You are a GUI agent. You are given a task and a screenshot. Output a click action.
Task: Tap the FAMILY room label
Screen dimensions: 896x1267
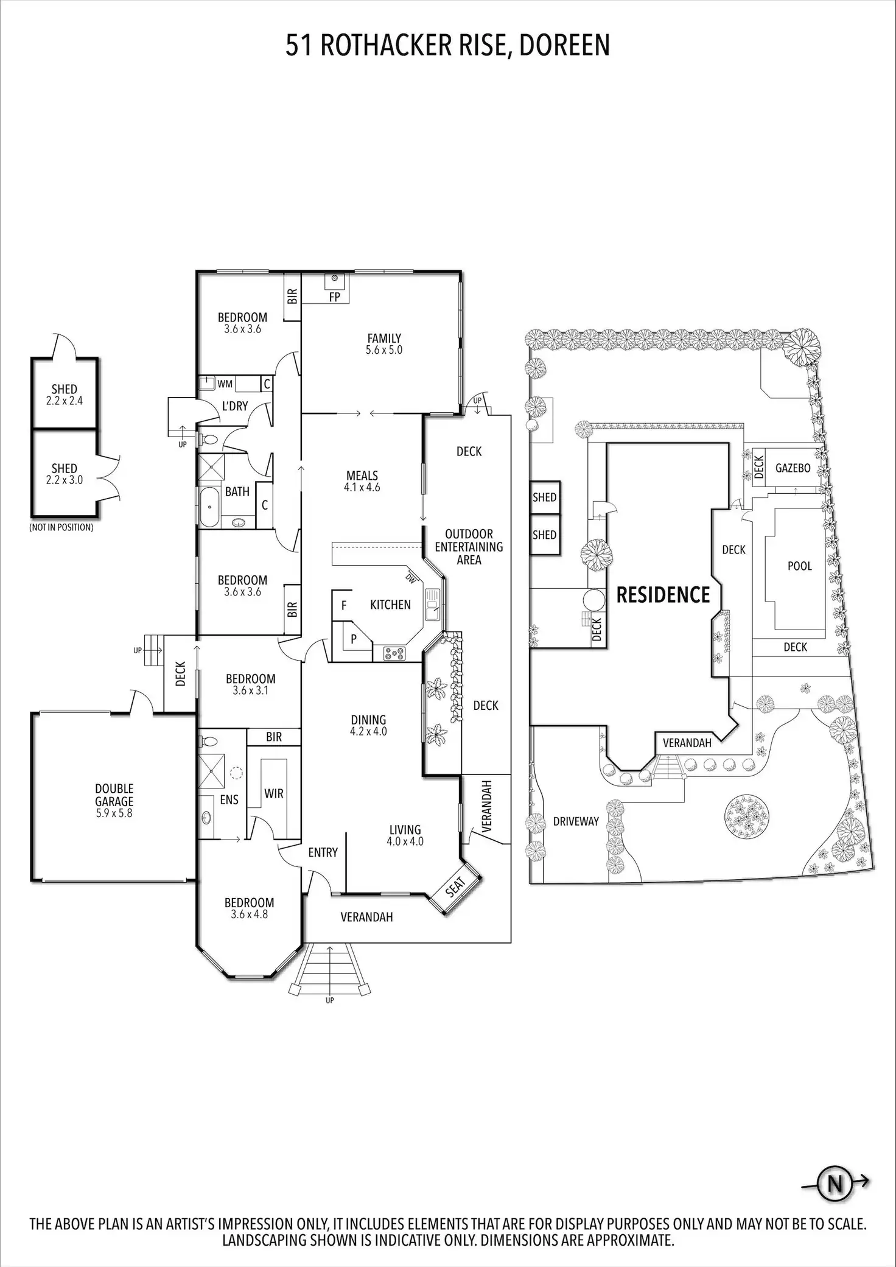pyautogui.click(x=384, y=338)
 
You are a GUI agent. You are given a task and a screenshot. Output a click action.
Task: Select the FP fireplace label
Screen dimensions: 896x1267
pyautogui.click(x=334, y=297)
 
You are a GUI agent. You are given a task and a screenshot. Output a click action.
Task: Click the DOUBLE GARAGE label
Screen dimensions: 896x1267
pyautogui.click(x=114, y=795)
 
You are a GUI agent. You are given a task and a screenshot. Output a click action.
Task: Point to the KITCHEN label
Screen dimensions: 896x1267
pyautogui.click(x=390, y=605)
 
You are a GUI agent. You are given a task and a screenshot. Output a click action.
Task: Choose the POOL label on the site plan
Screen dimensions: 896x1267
pyautogui.click(x=799, y=566)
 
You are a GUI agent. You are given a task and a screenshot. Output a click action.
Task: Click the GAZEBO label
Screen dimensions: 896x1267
pyautogui.click(x=793, y=468)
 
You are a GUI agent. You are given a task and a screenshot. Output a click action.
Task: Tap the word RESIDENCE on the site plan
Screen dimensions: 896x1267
pyautogui.click(x=663, y=595)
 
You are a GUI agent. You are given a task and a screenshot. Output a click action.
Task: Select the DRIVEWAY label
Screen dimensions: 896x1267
pyautogui.click(x=576, y=821)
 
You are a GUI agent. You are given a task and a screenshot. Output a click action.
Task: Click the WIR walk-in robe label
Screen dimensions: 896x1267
pyautogui.click(x=274, y=793)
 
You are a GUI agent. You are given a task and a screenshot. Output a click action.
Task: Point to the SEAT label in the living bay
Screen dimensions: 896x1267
pyautogui.click(x=456, y=886)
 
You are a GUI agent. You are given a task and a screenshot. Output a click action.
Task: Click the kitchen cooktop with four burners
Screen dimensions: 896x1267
pyautogui.click(x=394, y=654)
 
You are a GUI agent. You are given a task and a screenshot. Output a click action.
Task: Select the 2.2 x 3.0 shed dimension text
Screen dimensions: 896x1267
pyautogui.click(x=64, y=480)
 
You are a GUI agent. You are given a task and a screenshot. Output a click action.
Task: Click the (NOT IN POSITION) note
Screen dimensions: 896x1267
pyautogui.click(x=61, y=527)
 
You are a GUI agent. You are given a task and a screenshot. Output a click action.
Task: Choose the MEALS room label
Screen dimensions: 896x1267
pyautogui.click(x=362, y=476)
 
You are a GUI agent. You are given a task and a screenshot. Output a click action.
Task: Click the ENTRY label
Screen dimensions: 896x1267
pyautogui.click(x=323, y=852)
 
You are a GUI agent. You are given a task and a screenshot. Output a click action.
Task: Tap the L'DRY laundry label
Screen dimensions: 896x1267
pyautogui.click(x=235, y=405)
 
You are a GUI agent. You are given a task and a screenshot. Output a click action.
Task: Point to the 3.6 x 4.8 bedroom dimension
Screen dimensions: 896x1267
pyautogui.click(x=250, y=914)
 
